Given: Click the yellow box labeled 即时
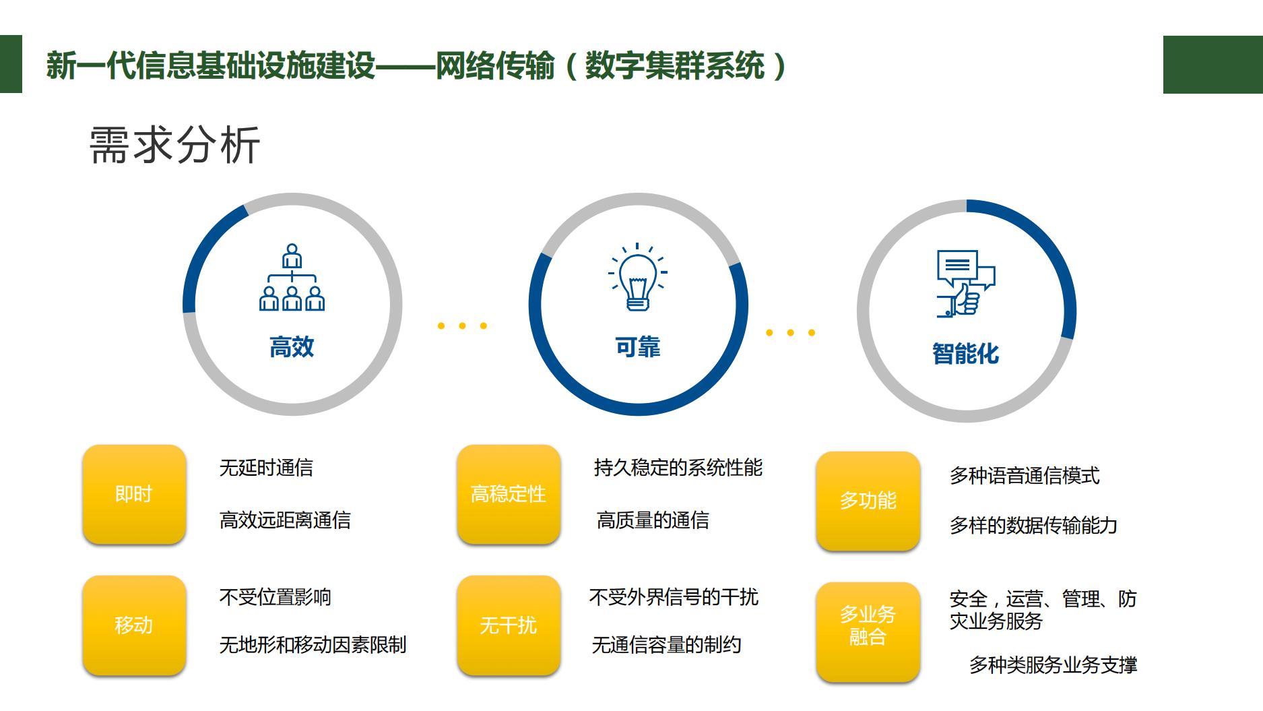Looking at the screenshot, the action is tap(134, 494).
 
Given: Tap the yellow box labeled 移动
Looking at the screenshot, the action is tap(134, 625).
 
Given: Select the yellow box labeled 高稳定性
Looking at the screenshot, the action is tap(509, 494).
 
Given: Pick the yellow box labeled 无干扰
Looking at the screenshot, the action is tap(509, 625).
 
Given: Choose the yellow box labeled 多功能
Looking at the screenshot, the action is tap(868, 501).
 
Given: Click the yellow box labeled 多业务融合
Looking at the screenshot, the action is tap(868, 631).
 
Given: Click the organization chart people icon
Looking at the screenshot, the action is tap(292, 277).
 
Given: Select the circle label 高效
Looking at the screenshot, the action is tap(292, 347).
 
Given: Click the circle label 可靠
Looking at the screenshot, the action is tap(638, 347).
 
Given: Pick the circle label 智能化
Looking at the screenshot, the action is tap(966, 354).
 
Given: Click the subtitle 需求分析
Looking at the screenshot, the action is tap(174, 145).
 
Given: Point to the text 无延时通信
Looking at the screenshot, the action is tap(266, 468).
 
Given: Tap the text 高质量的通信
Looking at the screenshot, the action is tap(653, 520).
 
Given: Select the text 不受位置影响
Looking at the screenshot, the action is tap(276, 597).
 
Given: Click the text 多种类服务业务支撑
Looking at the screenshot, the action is tap(1054, 665).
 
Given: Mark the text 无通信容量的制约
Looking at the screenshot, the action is tap(667, 645).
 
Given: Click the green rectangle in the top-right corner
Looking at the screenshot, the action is tap(1213, 65).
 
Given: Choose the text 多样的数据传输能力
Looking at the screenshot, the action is tap(1034, 525).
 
